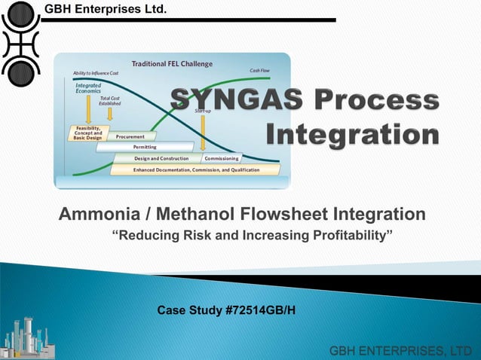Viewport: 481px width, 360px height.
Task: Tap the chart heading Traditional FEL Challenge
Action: point(173,63)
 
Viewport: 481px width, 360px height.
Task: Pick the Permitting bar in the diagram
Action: point(145,147)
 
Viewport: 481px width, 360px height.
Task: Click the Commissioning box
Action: point(222,158)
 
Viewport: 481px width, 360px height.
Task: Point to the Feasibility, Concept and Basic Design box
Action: point(88,133)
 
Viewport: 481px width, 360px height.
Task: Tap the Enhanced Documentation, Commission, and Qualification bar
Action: point(196,169)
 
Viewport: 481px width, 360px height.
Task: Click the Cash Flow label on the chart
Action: point(261,71)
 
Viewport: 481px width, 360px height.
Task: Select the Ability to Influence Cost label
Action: point(96,72)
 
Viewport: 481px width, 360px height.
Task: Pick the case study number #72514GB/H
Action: point(260,310)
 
